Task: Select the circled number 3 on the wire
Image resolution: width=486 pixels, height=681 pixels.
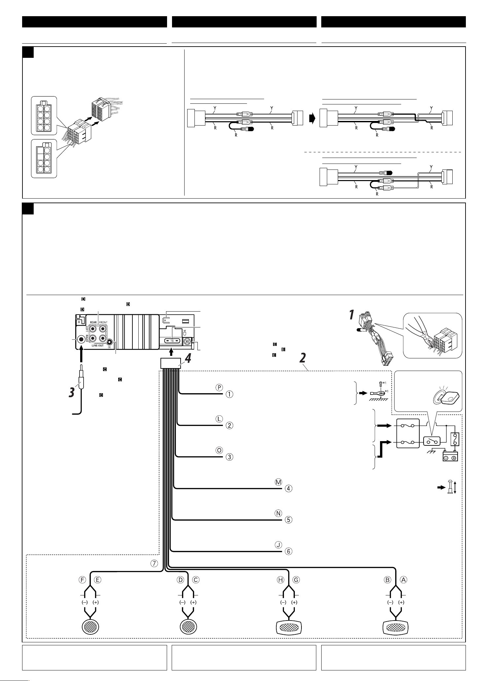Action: [229, 457]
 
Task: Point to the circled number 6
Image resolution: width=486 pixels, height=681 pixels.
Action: [289, 551]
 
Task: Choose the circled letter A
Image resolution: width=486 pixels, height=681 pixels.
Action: [403, 579]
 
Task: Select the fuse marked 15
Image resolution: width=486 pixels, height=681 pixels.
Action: [172, 341]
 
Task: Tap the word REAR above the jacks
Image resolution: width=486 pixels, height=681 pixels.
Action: [93, 322]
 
